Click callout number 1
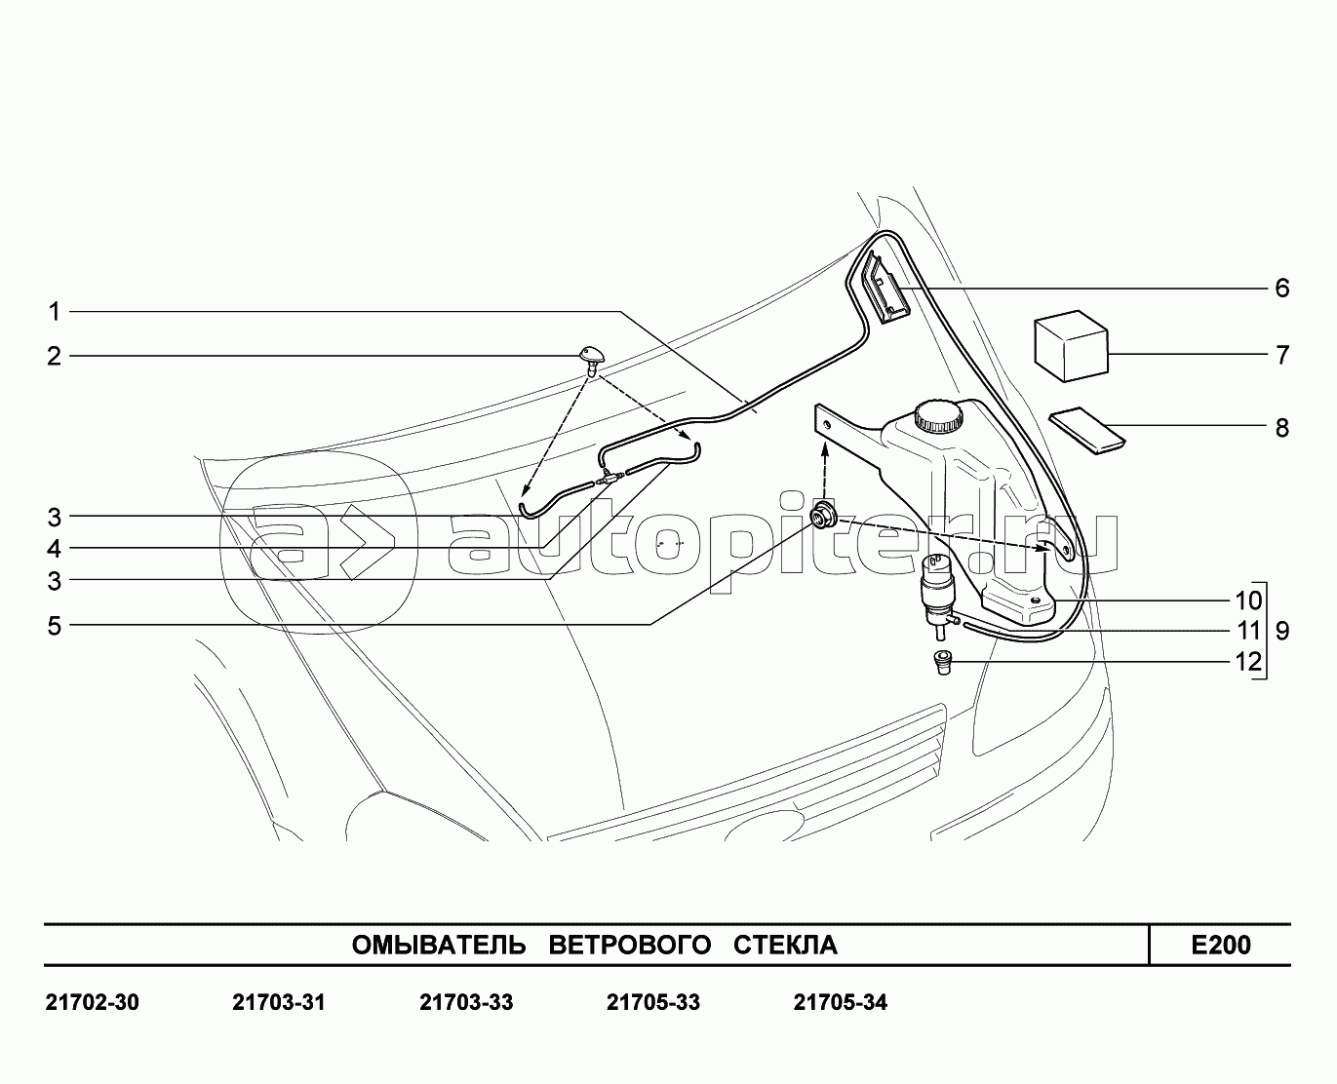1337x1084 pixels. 55,312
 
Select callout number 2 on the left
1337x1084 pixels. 55,357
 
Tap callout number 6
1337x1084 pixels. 1281,288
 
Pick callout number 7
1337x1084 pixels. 1281,355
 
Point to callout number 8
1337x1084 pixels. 1281,428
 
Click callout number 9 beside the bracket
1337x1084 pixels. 1282,631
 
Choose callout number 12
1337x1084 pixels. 1248,662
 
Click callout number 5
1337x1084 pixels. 55,626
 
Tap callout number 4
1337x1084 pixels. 55,549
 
